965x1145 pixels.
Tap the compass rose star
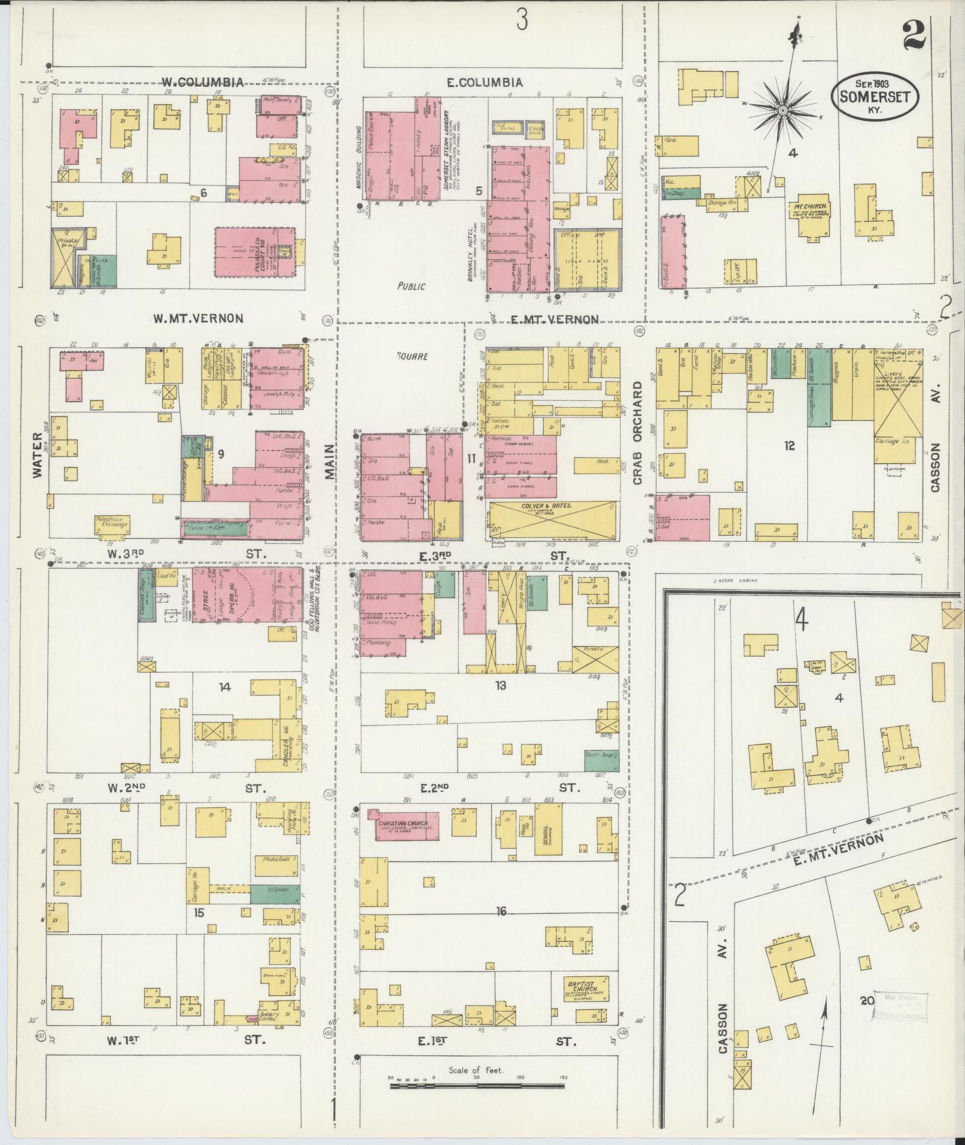pyautogui.click(x=781, y=111)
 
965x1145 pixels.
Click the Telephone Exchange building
pyautogui.click(x=111, y=525)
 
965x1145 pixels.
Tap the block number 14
pyautogui.click(x=224, y=687)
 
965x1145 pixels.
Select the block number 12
pyautogui.click(x=789, y=446)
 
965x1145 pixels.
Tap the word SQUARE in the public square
pyautogui.click(x=412, y=356)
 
